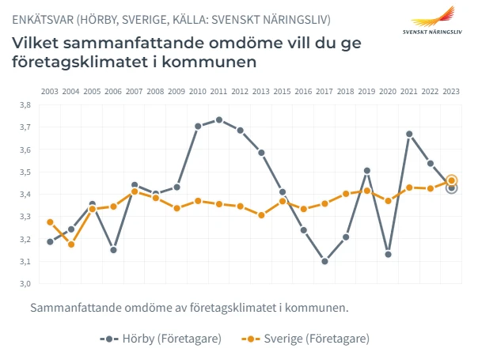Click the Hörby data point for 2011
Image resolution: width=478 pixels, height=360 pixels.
tap(219, 120)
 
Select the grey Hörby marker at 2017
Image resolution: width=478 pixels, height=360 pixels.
tap(324, 261)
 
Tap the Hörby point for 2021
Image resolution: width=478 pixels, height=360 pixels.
tap(409, 134)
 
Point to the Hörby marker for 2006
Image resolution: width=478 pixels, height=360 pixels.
tap(114, 250)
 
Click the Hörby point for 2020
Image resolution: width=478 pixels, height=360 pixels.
tap(388, 254)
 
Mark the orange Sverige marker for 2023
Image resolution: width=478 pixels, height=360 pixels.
tap(452, 180)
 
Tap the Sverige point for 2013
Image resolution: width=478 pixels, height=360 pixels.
tap(261, 215)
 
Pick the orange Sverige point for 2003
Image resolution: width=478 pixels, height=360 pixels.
tap(50, 222)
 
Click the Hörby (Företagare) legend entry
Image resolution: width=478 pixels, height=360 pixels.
tap(161, 339)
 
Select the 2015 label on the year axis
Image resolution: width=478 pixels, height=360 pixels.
tap(283, 92)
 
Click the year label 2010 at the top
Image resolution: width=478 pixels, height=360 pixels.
tap(198, 92)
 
